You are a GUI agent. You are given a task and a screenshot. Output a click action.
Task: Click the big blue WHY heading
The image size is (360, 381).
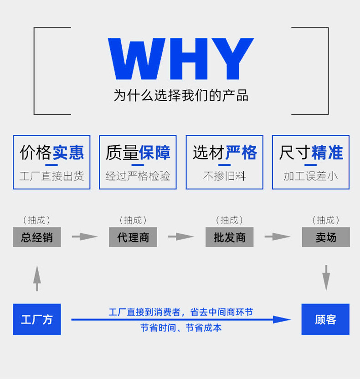180,59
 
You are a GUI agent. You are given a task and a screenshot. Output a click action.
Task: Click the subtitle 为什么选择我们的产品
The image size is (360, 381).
180,95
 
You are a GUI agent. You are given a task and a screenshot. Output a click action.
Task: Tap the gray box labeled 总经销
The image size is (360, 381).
36,237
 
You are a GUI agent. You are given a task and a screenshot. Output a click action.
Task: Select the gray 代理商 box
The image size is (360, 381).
133,237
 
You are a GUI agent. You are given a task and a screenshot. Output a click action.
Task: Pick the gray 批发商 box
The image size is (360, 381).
229,237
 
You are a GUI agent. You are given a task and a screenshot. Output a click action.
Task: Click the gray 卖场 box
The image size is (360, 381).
326,237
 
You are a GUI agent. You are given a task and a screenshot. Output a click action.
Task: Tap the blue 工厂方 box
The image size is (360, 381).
36,319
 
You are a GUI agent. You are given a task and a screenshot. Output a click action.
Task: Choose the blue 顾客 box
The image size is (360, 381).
325,319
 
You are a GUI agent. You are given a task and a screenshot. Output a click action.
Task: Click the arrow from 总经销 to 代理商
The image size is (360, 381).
85,237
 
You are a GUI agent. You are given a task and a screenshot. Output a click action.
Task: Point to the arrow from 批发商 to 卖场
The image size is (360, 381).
278,237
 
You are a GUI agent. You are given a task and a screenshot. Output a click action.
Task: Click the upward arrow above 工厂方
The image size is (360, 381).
37,278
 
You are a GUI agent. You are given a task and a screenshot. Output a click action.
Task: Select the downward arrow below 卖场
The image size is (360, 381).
326,278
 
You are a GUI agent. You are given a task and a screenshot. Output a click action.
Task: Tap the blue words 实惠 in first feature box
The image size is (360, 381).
68,152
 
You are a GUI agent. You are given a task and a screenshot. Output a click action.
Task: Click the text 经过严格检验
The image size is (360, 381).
138,176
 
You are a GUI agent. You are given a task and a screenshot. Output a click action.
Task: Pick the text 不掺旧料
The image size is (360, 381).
224,176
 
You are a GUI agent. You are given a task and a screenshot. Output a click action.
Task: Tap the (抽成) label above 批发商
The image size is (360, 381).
229,220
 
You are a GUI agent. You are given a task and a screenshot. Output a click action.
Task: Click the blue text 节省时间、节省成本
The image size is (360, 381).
180,328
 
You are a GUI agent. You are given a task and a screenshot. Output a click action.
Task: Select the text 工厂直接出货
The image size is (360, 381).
51,176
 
